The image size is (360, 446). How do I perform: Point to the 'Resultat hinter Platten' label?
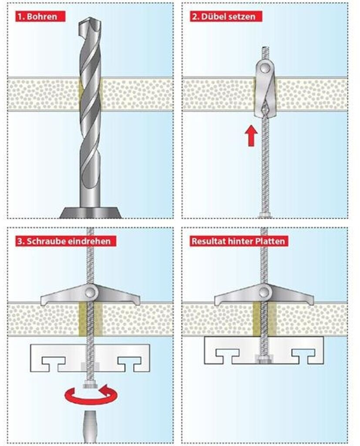coord(239,241)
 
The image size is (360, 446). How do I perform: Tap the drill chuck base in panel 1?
coord(90,213)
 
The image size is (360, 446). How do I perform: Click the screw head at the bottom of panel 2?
coord(264,215)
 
